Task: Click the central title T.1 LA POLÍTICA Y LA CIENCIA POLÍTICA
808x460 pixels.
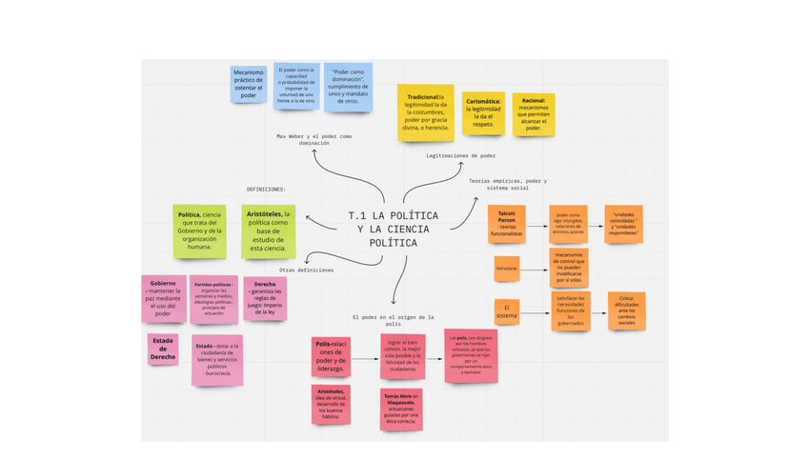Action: point(392,229)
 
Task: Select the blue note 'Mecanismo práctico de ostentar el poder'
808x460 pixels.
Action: point(249,85)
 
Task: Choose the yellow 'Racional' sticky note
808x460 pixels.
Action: point(534,114)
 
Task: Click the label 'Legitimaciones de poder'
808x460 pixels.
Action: point(460,155)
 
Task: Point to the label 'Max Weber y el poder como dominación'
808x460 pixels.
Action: point(314,140)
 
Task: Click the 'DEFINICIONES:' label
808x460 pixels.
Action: point(267,189)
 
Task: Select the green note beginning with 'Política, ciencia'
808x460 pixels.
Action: point(200,230)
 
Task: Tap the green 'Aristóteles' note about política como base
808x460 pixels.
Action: point(269,230)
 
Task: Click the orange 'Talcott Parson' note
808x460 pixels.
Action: point(506,225)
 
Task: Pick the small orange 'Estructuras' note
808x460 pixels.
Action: point(507,269)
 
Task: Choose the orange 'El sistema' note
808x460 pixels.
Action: point(507,311)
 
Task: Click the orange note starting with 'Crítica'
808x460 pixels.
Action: point(626,310)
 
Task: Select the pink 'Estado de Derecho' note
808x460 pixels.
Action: point(163,349)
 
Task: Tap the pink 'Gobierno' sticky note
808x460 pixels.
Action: point(164,298)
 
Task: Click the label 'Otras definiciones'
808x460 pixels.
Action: point(307,270)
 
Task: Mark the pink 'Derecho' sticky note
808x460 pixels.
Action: point(265,298)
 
